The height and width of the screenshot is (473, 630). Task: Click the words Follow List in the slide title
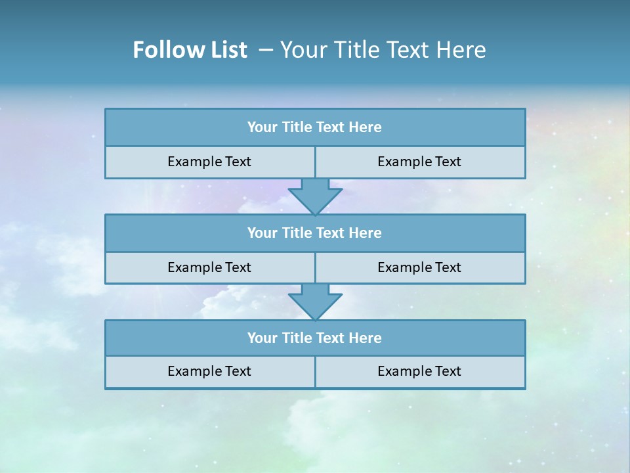tap(190, 50)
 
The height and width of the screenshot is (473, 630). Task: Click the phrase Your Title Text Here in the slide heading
tap(383, 50)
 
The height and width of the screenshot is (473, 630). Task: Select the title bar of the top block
tap(315, 127)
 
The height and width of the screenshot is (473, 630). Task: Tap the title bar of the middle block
tap(315, 233)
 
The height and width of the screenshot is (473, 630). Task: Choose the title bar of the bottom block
tap(315, 338)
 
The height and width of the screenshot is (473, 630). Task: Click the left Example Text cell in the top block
tap(209, 162)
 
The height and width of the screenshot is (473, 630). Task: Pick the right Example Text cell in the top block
tap(419, 162)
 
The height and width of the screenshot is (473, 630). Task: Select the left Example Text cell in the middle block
tap(209, 267)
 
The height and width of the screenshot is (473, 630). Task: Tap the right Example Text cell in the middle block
tap(419, 267)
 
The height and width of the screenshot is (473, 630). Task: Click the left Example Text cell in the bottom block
tap(209, 372)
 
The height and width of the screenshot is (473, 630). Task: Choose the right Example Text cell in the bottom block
tap(419, 372)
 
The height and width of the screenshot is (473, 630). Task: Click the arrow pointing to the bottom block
tap(315, 302)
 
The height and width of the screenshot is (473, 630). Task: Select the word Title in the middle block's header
tap(297, 233)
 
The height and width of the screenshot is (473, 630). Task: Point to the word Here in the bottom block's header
tap(366, 338)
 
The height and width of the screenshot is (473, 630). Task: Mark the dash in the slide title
tap(266, 50)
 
